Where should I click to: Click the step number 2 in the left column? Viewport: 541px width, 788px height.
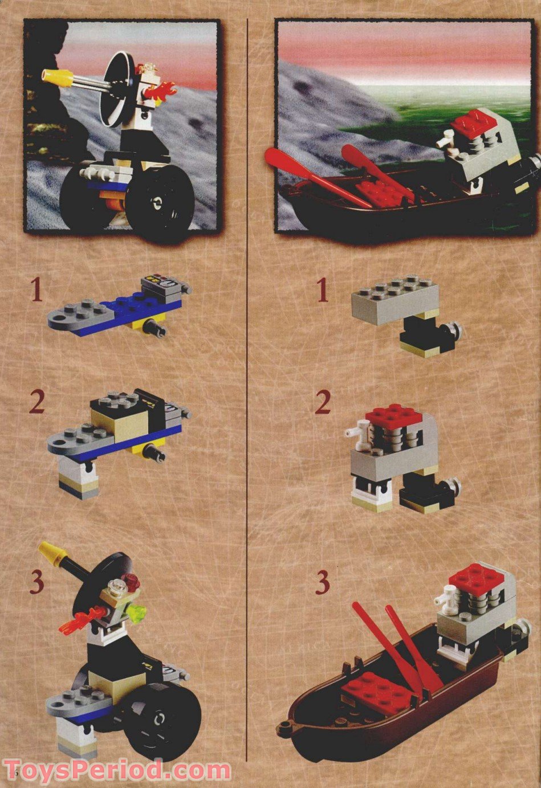click(x=36, y=402)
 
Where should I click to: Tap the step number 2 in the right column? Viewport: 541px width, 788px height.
click(x=323, y=402)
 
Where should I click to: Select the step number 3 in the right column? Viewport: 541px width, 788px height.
click(x=323, y=582)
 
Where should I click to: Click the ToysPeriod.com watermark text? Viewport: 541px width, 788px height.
click(x=117, y=771)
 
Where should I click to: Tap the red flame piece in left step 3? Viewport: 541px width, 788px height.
click(x=78, y=620)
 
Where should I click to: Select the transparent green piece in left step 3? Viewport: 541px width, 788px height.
click(x=139, y=612)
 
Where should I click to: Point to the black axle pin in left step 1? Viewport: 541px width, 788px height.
click(x=155, y=328)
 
